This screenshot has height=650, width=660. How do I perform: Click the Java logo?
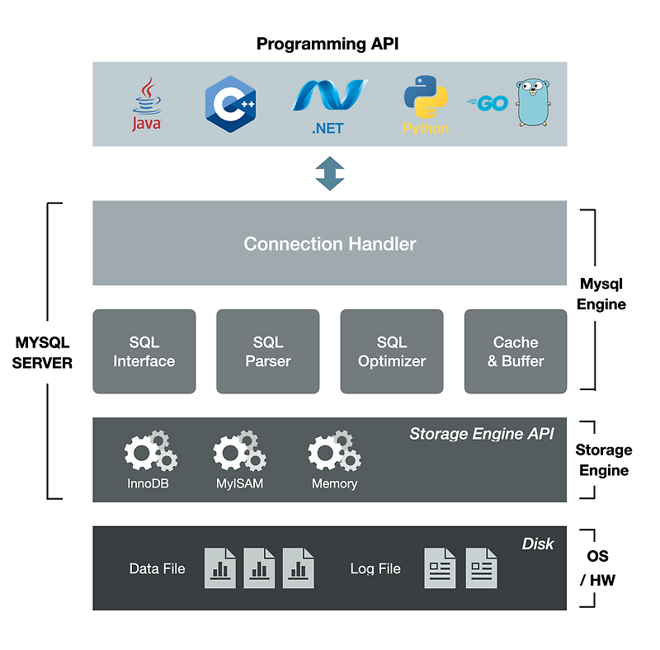tap(147, 105)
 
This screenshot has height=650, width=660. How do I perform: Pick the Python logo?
tap(426, 105)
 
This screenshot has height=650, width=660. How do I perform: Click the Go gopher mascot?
tap(531, 102)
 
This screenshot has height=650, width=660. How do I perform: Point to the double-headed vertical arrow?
tap(329, 173)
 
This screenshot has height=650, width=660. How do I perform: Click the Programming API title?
tap(328, 44)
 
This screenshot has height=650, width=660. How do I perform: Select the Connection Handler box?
tap(329, 243)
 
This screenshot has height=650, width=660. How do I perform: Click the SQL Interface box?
tap(144, 351)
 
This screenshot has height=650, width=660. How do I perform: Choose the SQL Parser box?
tap(267, 351)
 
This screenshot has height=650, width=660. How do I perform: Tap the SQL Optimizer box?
tap(392, 351)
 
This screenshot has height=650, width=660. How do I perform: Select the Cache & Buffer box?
tap(516, 351)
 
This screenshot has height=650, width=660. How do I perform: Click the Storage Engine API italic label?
tap(482, 433)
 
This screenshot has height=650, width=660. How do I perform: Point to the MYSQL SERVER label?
tap(43, 352)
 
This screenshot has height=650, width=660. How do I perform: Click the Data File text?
tap(157, 568)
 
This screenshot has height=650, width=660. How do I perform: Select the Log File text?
tap(375, 568)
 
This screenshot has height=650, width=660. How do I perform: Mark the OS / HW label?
tap(597, 568)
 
